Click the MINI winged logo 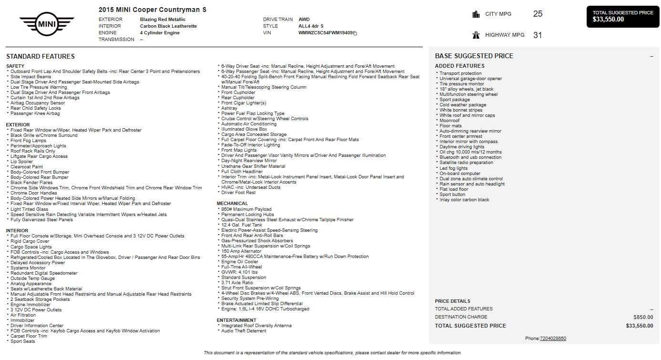point(47,23)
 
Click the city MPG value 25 point(538,14)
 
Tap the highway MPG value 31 point(538,35)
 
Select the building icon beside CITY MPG point(476,14)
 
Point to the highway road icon point(476,35)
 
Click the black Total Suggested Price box point(623,16)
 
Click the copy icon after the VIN point(355,33)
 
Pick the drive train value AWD point(304,20)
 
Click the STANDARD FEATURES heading point(41,56)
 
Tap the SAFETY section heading point(15,66)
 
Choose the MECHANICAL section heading point(233,204)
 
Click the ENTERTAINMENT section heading point(236,320)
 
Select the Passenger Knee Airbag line point(35,113)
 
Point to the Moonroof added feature point(449,121)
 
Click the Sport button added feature point(452,195)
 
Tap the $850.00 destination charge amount point(643,317)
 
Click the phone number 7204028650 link point(553,339)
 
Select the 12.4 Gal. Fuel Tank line point(242,225)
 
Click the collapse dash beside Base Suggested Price point(651,56)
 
